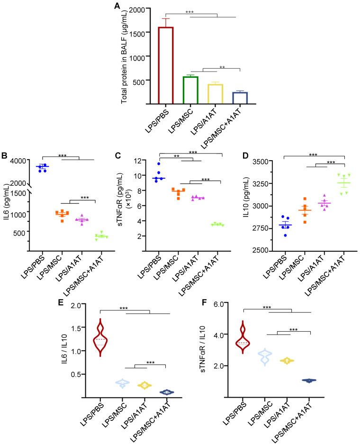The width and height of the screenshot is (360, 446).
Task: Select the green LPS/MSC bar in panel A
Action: pyautogui.click(x=190, y=90)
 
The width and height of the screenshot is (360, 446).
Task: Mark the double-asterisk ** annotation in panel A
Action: pyautogui.click(x=222, y=67)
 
